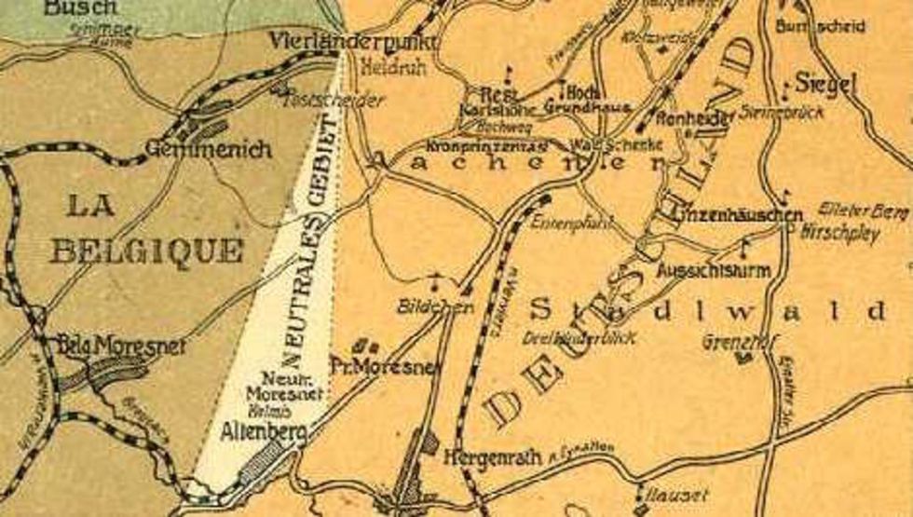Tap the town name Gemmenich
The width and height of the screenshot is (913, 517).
[x=208, y=149]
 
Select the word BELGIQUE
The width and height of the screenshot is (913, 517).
[x=146, y=250]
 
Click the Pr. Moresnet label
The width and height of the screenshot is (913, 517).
[x=384, y=368]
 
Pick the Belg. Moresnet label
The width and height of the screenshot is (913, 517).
[x=121, y=347]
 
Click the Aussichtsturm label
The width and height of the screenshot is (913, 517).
[x=714, y=271]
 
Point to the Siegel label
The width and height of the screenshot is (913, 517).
[x=825, y=84]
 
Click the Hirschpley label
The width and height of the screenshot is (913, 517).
[x=840, y=233]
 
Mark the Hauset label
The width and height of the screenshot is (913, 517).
[x=672, y=495]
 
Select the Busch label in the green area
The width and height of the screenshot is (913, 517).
[x=82, y=7]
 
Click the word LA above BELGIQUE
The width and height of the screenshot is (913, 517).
[x=90, y=205]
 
